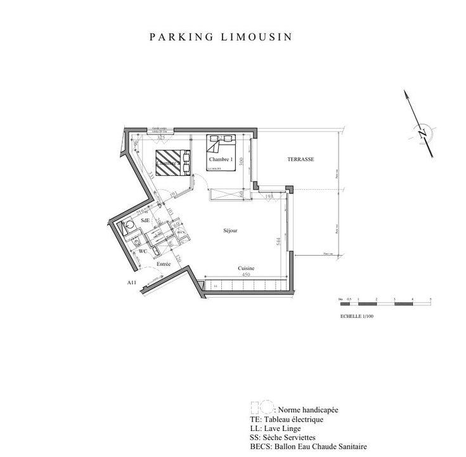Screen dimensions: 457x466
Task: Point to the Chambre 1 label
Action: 221,159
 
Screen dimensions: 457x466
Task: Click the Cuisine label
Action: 246,268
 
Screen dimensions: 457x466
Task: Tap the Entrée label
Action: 155,262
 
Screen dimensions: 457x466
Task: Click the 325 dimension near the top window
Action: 161,137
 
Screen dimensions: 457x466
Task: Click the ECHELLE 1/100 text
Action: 357,315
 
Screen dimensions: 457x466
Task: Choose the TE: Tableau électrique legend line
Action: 287,420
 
